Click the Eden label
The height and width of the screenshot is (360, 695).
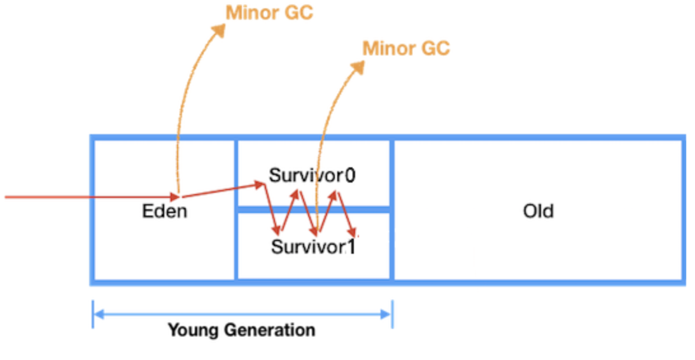[164, 211]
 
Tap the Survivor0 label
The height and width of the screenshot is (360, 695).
[312, 175]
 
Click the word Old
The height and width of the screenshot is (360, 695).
[538, 211]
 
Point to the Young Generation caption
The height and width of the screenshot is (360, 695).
[241, 330]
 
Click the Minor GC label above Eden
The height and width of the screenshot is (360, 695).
[270, 13]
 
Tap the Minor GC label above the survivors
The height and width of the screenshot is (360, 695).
[406, 48]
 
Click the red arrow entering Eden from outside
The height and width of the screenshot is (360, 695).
[89, 197]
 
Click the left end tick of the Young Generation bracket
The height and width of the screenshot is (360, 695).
[93, 314]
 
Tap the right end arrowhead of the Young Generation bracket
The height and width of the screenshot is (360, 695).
[388, 314]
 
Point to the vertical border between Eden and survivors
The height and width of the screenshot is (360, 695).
[235, 242]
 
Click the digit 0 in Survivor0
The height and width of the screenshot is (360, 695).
[349, 175]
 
